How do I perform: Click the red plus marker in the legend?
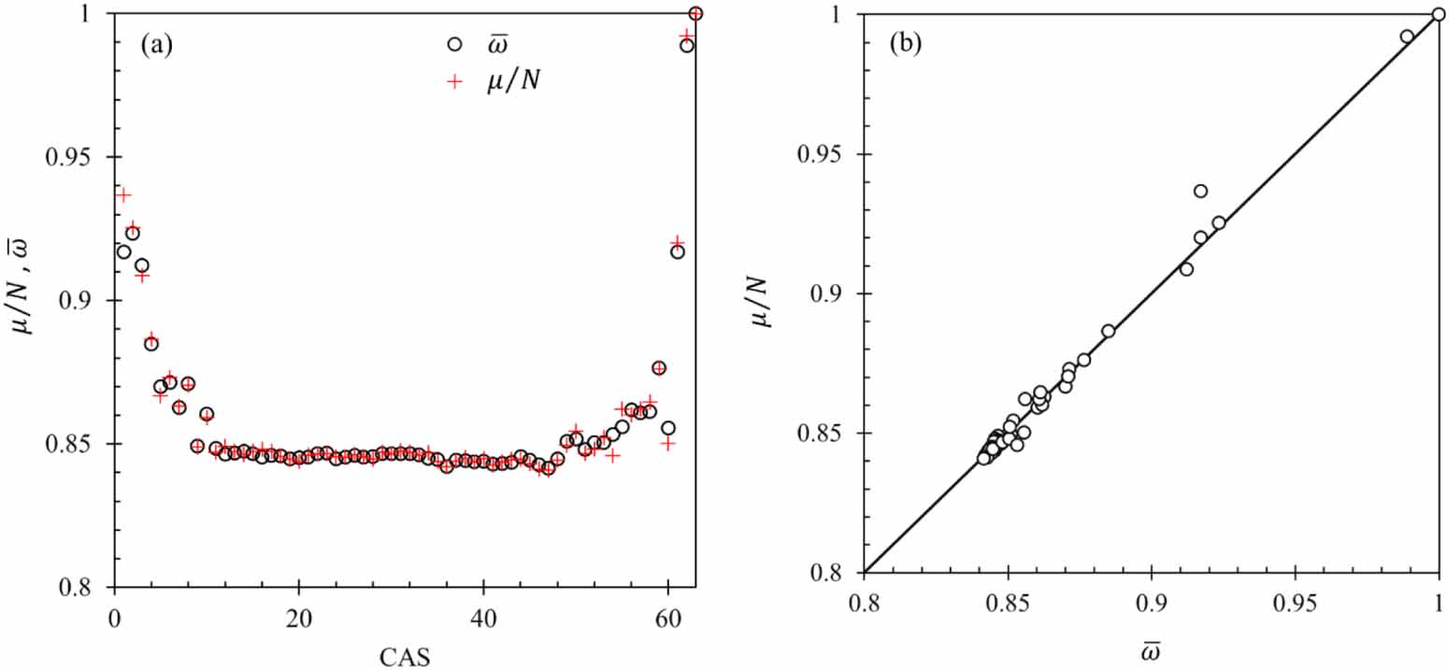(x=454, y=81)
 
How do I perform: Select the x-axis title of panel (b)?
(x=1151, y=645)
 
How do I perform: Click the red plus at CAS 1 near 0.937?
(x=123, y=194)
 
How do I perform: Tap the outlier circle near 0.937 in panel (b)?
(x=1200, y=191)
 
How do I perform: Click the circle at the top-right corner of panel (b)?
(x=1439, y=14)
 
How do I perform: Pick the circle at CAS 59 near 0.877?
(x=658, y=367)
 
